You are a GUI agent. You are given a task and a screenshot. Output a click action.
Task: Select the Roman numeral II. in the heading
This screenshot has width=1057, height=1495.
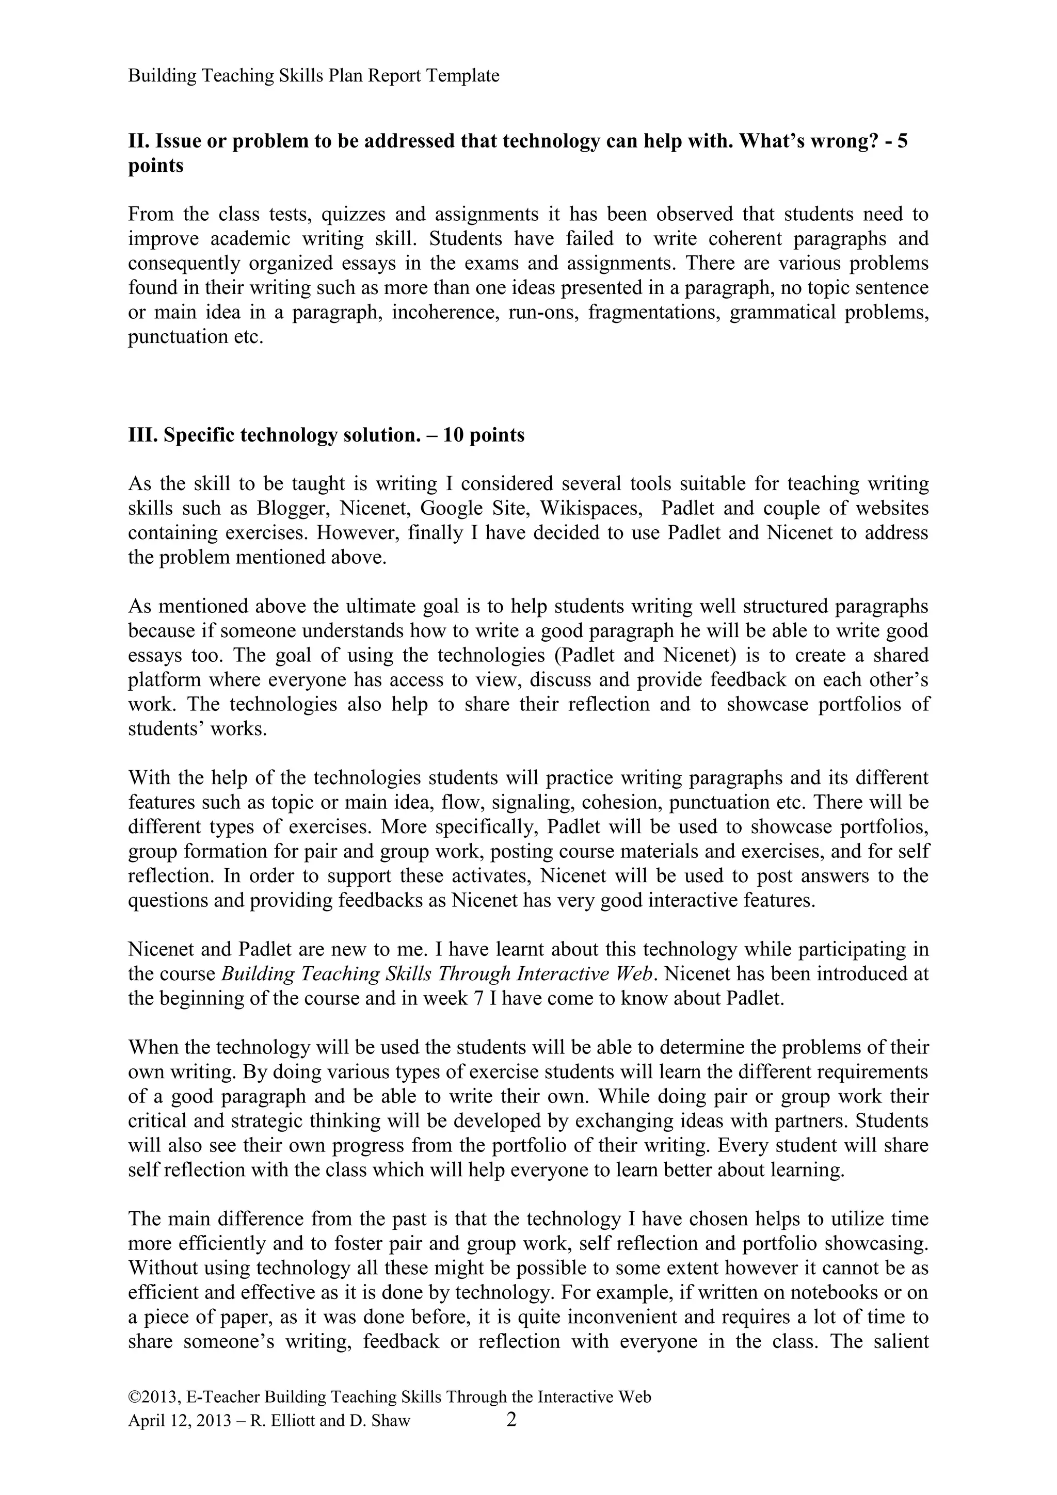[x=139, y=141]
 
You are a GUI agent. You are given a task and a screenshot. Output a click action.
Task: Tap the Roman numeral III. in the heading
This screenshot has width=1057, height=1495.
[x=142, y=435]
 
